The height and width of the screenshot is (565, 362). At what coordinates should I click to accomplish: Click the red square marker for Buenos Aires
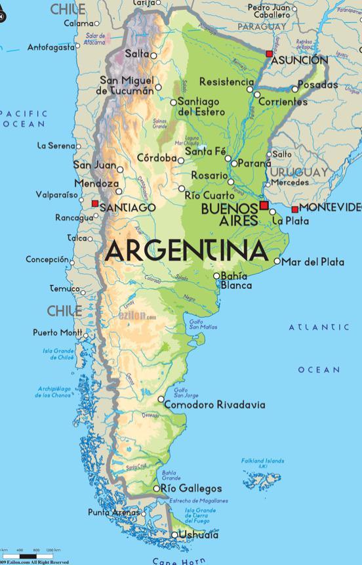(264, 205)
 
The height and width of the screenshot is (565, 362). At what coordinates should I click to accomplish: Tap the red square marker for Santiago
(95, 204)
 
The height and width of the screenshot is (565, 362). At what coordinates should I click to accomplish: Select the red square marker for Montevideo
(295, 209)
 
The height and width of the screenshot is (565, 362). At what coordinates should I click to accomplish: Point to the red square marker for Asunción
(269, 53)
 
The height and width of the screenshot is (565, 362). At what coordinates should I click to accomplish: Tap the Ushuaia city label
(199, 535)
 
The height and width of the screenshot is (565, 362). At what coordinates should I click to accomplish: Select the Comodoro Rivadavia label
(214, 405)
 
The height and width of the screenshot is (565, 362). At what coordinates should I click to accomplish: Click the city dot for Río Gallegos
(156, 489)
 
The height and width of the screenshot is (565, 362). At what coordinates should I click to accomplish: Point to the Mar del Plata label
(312, 262)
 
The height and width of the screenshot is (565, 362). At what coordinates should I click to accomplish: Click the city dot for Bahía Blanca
(217, 276)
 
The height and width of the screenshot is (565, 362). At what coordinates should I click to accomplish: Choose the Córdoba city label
(157, 158)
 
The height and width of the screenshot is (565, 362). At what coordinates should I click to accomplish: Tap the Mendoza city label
(96, 184)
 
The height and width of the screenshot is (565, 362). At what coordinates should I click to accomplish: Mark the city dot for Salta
(153, 56)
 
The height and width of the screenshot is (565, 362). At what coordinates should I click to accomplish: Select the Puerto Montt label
(57, 333)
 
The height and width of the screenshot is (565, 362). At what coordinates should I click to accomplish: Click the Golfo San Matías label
(203, 324)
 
